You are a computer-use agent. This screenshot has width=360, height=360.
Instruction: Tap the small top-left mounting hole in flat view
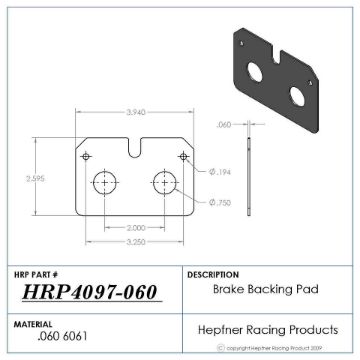[87, 157]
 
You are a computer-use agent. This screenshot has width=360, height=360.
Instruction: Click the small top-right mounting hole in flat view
[183, 157]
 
